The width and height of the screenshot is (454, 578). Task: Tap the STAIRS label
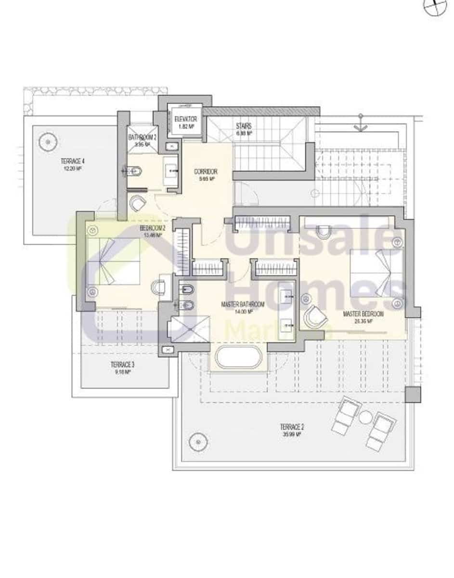243,126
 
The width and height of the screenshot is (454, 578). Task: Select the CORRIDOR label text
206,171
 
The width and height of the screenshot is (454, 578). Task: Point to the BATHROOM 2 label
142,137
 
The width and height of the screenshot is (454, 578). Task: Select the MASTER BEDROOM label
363,314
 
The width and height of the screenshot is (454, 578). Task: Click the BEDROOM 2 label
153,228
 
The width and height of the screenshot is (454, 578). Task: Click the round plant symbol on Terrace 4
48,141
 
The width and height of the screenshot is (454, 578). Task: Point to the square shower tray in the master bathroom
189,328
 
